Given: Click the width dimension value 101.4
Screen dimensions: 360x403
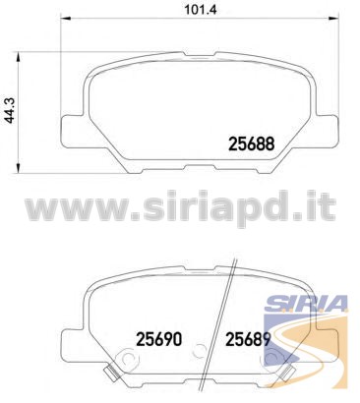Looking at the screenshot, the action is (201, 9).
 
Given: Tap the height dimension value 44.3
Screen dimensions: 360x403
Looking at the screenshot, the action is (12, 111).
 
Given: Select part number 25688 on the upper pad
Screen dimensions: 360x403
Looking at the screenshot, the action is (251, 144).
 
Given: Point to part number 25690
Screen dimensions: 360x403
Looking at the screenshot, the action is (158, 339).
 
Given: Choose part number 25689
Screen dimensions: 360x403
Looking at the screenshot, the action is (248, 339).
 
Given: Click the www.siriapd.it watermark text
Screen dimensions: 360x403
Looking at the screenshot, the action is (181, 207).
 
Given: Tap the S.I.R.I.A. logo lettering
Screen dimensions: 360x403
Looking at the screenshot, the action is (306, 303).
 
